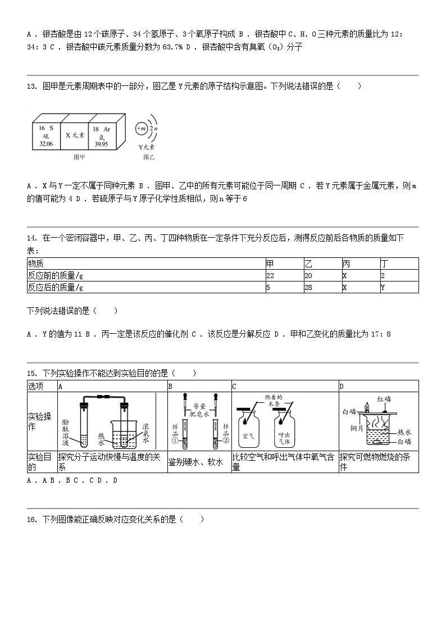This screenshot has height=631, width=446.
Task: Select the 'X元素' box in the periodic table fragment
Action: tap(74, 135)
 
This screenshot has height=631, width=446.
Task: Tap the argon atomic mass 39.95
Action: tap(101, 144)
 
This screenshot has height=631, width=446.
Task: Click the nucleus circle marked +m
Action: tap(141, 129)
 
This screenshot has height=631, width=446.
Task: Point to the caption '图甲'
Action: tap(80, 157)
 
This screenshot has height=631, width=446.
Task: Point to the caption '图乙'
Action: tap(148, 157)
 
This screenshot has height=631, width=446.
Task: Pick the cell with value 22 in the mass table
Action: tap(270, 275)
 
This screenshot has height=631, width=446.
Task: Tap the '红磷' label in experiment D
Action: tap(384, 399)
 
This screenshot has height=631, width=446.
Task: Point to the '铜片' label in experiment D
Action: tap(357, 429)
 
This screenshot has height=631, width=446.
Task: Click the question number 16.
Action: tap(31, 520)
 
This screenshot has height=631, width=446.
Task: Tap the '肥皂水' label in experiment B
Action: tap(200, 414)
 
